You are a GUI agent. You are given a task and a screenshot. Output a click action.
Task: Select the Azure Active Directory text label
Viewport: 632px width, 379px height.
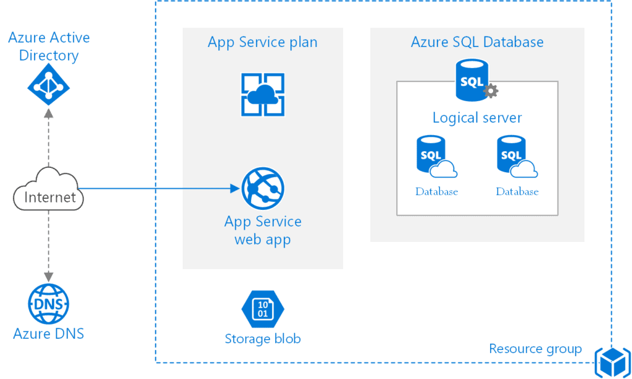[49, 46]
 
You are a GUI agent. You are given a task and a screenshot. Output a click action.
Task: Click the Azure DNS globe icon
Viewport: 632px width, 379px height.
[49, 304]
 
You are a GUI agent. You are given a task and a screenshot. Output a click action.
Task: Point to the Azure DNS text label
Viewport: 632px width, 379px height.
[49, 334]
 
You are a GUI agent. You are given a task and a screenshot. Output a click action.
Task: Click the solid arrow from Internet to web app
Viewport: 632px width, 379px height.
[160, 189]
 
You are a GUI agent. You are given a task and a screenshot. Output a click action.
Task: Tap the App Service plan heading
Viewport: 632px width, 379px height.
[262, 42]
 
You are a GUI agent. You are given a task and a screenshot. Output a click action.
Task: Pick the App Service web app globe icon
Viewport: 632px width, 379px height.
[262, 189]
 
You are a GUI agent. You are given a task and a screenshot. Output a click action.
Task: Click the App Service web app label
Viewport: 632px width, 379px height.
[262, 230]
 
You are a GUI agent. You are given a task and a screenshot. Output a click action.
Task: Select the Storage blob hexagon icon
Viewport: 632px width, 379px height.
[262, 309]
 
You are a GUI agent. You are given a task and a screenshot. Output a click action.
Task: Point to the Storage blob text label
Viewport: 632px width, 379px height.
[262, 338]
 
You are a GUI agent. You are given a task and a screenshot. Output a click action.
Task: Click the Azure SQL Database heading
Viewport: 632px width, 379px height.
[477, 42]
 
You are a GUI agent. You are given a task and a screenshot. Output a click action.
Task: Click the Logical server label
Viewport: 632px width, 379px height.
[477, 117]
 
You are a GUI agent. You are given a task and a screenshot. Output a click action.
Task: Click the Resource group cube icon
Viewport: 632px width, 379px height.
[611, 361]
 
